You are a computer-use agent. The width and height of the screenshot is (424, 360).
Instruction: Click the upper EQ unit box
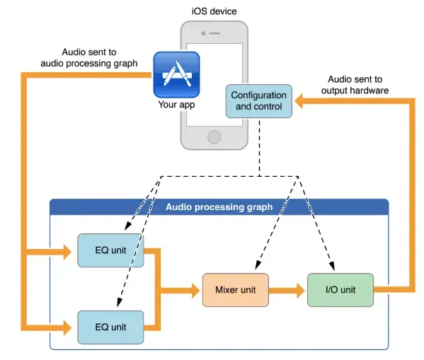click(110, 250)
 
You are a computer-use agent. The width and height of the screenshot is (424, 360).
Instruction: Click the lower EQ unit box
click(110, 327)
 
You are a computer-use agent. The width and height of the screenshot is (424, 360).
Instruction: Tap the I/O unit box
click(340, 289)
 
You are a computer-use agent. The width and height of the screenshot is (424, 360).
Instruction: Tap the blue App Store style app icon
click(176, 74)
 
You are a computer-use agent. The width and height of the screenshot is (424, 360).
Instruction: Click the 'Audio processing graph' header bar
click(219, 207)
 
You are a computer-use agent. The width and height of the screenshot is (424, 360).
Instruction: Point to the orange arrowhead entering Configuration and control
click(300, 103)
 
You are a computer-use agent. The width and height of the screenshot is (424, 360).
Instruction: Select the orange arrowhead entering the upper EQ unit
click(69, 251)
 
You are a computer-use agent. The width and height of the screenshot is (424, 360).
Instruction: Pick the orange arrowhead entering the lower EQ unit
click(69, 327)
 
